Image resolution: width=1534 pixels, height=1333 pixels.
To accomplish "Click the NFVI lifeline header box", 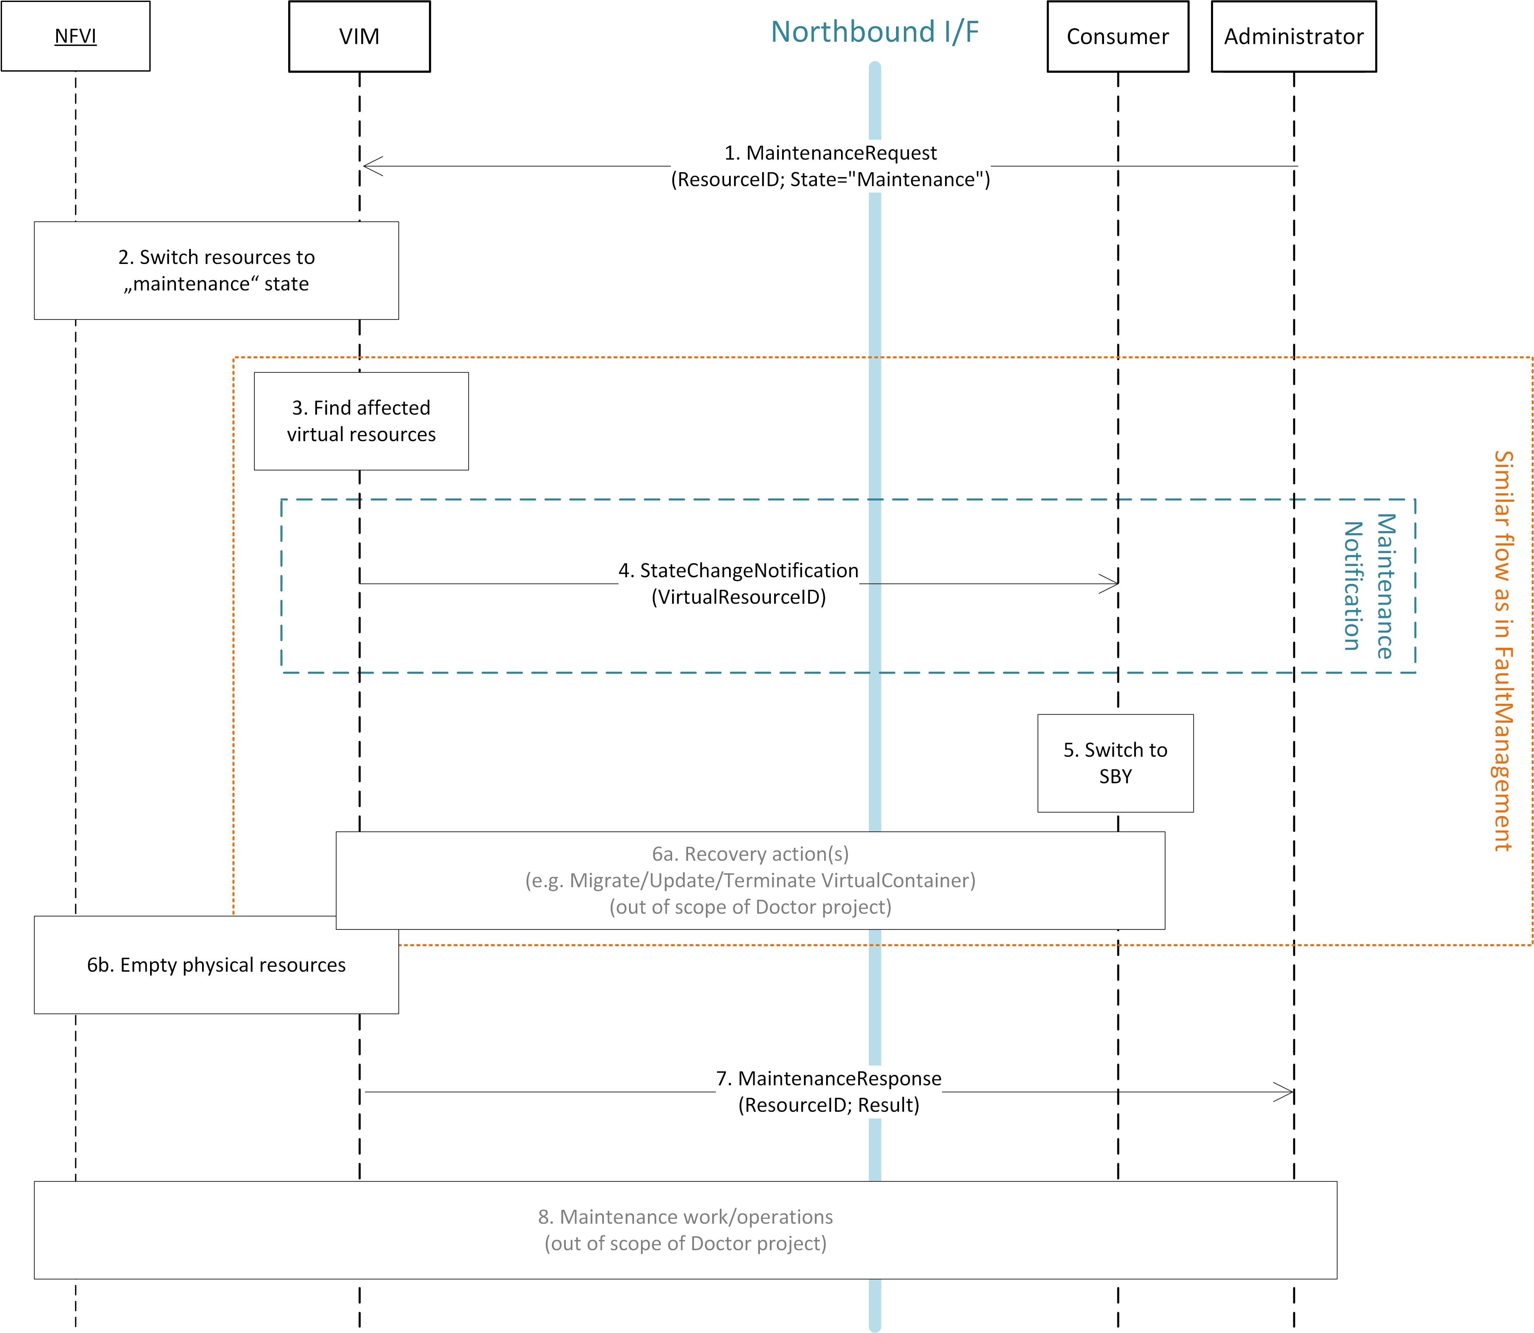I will point(75,36).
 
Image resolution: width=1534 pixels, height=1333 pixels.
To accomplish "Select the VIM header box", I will point(359,36).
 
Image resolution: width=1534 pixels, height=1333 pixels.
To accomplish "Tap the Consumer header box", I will point(1117,36).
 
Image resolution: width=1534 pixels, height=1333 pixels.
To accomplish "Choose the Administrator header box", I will point(1294,36).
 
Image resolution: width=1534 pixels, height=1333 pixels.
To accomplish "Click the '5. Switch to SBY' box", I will point(1115,763).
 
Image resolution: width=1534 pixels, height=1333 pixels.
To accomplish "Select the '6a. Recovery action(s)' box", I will point(750,880).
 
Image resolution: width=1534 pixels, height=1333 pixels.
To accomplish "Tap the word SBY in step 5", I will point(1115,777).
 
